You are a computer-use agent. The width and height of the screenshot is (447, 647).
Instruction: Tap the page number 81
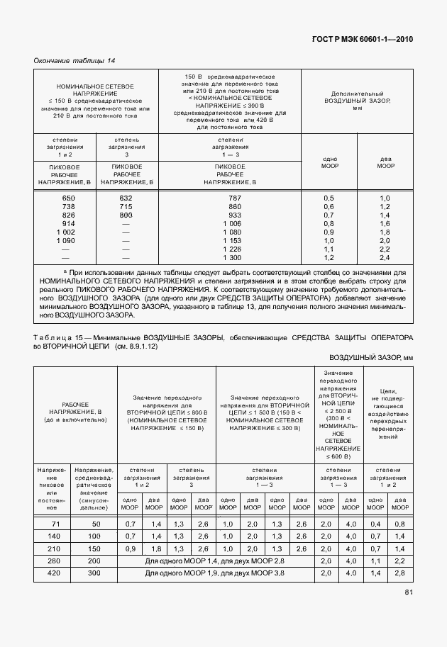(x=409, y=612)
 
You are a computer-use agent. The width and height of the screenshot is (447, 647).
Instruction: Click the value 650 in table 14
(x=69, y=197)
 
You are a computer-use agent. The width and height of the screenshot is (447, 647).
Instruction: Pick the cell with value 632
(x=126, y=197)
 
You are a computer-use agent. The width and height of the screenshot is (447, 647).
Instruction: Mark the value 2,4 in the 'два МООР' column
(x=385, y=258)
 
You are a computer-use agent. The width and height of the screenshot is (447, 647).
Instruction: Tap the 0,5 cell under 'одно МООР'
(x=329, y=197)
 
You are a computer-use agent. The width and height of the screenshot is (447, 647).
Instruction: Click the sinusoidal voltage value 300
(x=94, y=573)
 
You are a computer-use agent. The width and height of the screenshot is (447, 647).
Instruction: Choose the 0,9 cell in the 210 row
(x=130, y=548)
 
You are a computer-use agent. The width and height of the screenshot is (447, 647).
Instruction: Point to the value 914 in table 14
(x=69, y=223)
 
